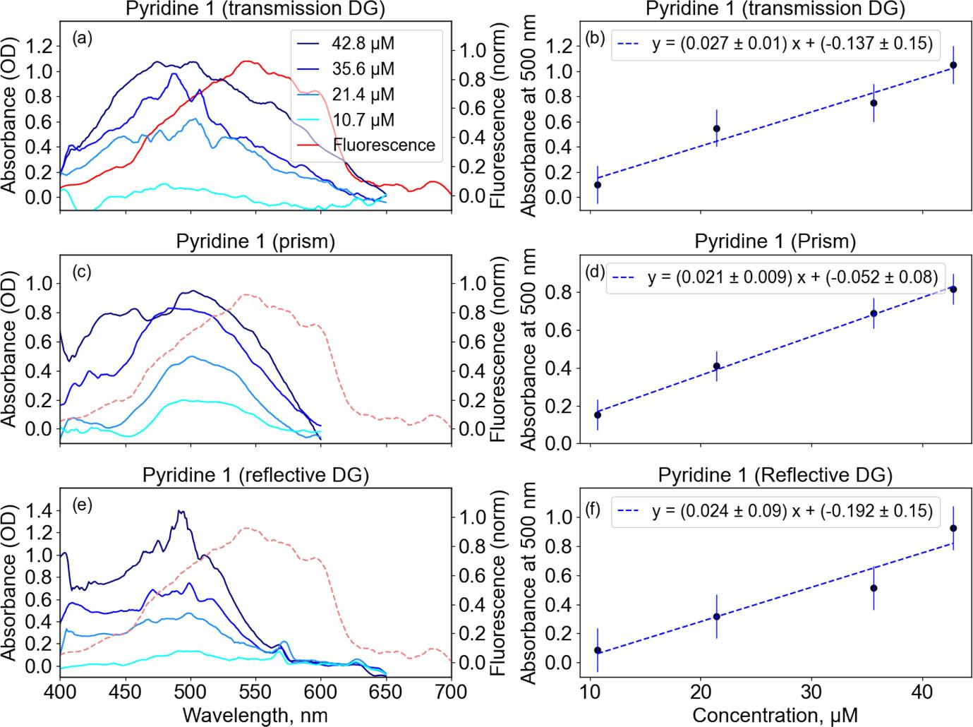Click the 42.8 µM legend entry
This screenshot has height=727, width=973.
pyautogui.click(x=363, y=44)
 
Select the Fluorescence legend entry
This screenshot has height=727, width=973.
pyautogui.click(x=384, y=145)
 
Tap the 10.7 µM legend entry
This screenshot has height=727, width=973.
pyautogui.click(x=363, y=120)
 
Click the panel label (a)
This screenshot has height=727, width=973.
pyautogui.click(x=83, y=39)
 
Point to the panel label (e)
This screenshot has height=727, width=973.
pyautogui.click(x=83, y=505)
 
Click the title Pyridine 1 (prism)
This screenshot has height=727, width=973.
pyautogui.click(x=255, y=241)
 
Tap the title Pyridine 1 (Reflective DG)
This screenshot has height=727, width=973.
pyautogui.click(x=775, y=475)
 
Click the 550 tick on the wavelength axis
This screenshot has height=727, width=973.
pyautogui.click(x=255, y=691)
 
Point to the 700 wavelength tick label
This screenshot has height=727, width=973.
pyautogui.click(x=452, y=691)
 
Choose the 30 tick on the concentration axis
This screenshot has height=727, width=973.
pyautogui.click(x=811, y=691)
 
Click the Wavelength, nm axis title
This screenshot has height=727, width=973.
pyautogui.click(x=255, y=715)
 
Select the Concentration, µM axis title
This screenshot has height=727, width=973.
pyautogui.click(x=775, y=715)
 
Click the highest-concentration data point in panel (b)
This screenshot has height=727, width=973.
pyautogui.click(x=953, y=65)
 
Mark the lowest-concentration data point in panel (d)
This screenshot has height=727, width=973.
pyautogui.click(x=598, y=415)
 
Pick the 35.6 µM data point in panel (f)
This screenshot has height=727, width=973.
pyautogui.click(x=874, y=588)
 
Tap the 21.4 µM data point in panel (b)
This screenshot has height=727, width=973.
pyautogui.click(x=716, y=128)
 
